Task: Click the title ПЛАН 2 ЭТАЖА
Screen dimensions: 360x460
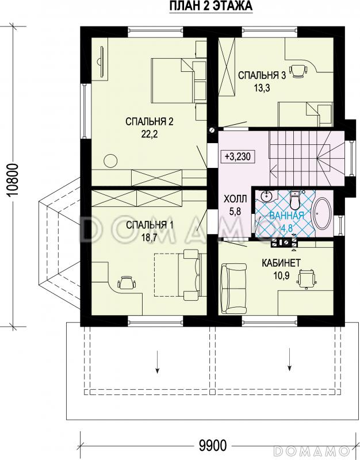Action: [x=211, y=6]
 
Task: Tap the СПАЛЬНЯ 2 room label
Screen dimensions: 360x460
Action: [x=150, y=121]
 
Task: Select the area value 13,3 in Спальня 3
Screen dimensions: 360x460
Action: [x=262, y=88]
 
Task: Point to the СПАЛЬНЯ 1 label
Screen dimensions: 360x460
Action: [x=150, y=225]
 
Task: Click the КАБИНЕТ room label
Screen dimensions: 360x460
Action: [x=281, y=263]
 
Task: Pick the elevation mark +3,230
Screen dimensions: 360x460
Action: [x=238, y=156]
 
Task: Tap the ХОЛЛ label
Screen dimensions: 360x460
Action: [x=235, y=199]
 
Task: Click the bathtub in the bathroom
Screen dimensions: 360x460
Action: [x=323, y=213]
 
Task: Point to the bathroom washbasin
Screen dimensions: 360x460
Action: [x=266, y=196]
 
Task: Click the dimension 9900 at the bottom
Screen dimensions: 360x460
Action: [x=213, y=446]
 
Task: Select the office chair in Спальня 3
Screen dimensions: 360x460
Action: [x=298, y=70]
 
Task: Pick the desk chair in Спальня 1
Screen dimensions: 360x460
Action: [x=127, y=283]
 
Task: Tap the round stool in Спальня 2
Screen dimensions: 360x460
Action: [x=111, y=161]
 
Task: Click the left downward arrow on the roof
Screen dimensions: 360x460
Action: [x=158, y=362]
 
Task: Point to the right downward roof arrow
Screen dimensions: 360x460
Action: [x=290, y=359]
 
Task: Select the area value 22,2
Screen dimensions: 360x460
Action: [x=150, y=134]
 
